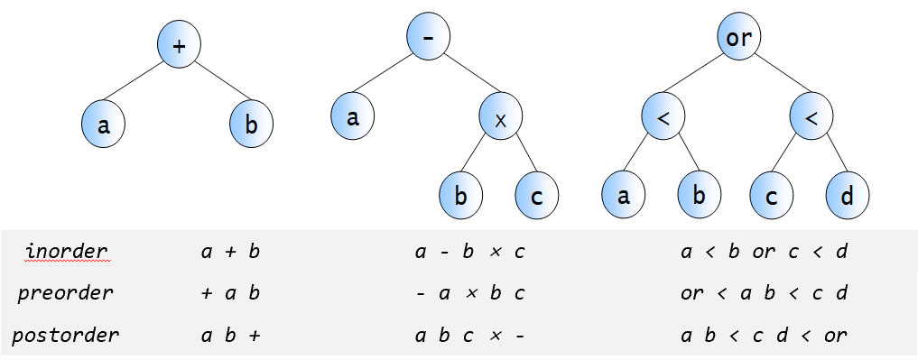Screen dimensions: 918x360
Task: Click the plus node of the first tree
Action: tap(179, 45)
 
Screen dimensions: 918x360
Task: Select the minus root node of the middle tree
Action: tap(429, 37)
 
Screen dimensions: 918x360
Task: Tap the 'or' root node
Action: tap(738, 37)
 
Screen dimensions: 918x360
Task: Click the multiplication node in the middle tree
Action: tap(501, 119)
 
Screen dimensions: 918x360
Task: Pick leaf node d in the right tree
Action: tap(848, 196)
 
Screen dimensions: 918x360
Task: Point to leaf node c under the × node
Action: tap(537, 196)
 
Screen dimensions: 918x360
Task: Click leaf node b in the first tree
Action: tap(251, 125)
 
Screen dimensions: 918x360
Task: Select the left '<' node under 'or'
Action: tap(663, 117)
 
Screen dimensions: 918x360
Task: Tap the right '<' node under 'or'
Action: tap(811, 117)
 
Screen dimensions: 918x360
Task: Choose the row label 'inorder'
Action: tap(68, 252)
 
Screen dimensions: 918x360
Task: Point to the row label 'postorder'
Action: tap(66, 335)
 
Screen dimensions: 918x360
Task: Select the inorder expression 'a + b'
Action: tap(230, 252)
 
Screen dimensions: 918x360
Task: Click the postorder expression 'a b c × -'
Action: tap(470, 336)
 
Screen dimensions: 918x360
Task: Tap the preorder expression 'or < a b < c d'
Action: tap(764, 292)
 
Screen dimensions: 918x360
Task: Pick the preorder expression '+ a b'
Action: tap(230, 292)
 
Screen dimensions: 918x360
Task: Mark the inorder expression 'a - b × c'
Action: tap(470, 252)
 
